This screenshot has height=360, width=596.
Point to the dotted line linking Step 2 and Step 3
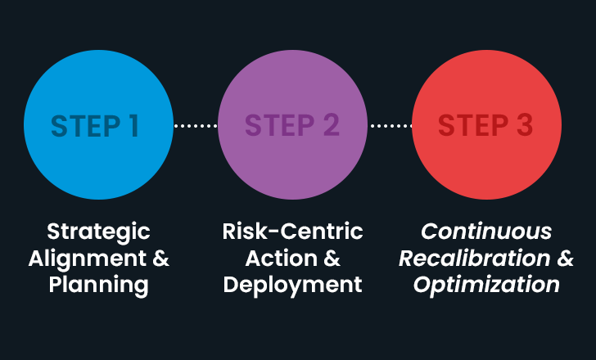390,126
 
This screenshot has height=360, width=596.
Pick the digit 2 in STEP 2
330,125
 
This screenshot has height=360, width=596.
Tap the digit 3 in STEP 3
524,125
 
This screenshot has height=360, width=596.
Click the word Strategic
98,232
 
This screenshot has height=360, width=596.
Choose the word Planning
98,286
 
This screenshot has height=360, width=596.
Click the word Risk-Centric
292,232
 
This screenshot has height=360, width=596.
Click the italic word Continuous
486,232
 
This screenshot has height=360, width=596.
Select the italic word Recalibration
474,259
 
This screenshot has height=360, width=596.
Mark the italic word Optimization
486,286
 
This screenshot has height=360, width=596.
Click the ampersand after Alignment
161,259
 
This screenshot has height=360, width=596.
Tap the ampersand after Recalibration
566,259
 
